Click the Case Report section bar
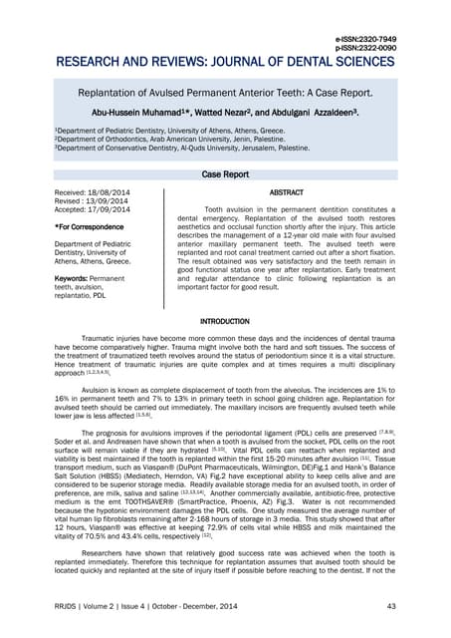[225, 173]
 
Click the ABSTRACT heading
[286, 191]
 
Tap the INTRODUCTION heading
[225, 322]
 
